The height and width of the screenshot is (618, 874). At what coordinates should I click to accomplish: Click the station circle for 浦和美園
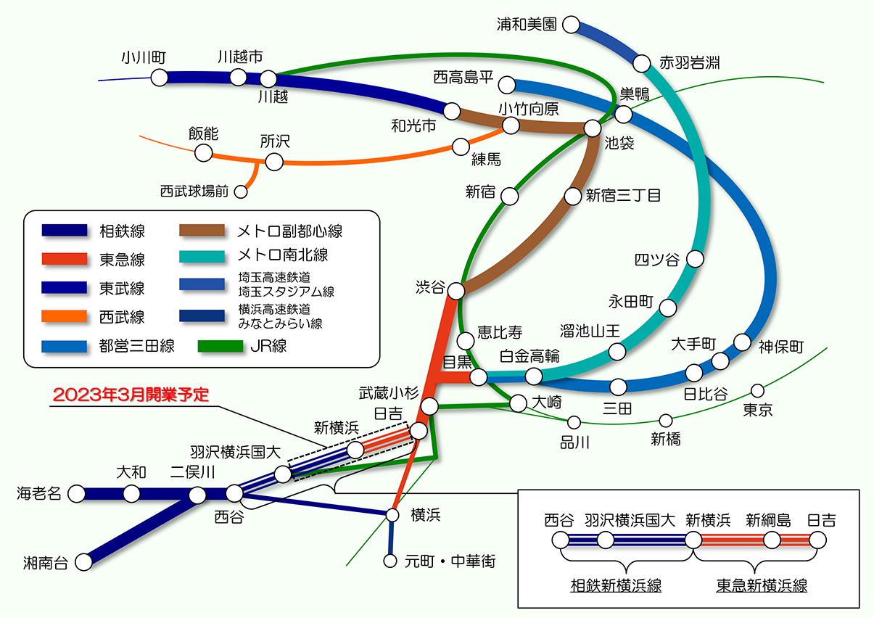tap(571, 25)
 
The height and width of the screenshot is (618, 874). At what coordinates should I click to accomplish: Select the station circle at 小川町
tap(160, 78)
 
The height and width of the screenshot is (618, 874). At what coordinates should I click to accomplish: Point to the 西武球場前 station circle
tap(241, 192)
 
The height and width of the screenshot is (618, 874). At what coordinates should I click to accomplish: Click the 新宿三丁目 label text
tap(623, 195)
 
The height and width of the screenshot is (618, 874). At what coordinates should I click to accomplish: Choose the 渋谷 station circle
tap(456, 291)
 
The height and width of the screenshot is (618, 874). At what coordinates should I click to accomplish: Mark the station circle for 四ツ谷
tap(695, 259)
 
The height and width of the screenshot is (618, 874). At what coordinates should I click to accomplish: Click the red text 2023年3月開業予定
tap(131, 395)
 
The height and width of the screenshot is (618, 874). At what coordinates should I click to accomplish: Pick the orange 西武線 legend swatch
tap(64, 317)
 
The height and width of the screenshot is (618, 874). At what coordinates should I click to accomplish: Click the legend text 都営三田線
tap(136, 346)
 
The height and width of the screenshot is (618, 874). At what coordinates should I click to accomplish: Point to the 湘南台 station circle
tap(84, 561)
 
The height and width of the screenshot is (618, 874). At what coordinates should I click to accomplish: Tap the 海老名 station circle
tap(76, 494)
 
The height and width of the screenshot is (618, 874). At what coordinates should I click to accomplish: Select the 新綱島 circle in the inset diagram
tap(772, 540)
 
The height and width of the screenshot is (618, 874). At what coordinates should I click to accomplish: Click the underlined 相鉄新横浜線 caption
tap(616, 585)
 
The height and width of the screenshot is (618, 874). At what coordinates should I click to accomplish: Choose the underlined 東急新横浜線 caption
tap(762, 585)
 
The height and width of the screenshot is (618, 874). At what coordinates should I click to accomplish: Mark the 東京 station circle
tap(757, 391)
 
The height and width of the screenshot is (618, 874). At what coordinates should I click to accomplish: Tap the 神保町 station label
tap(781, 347)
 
